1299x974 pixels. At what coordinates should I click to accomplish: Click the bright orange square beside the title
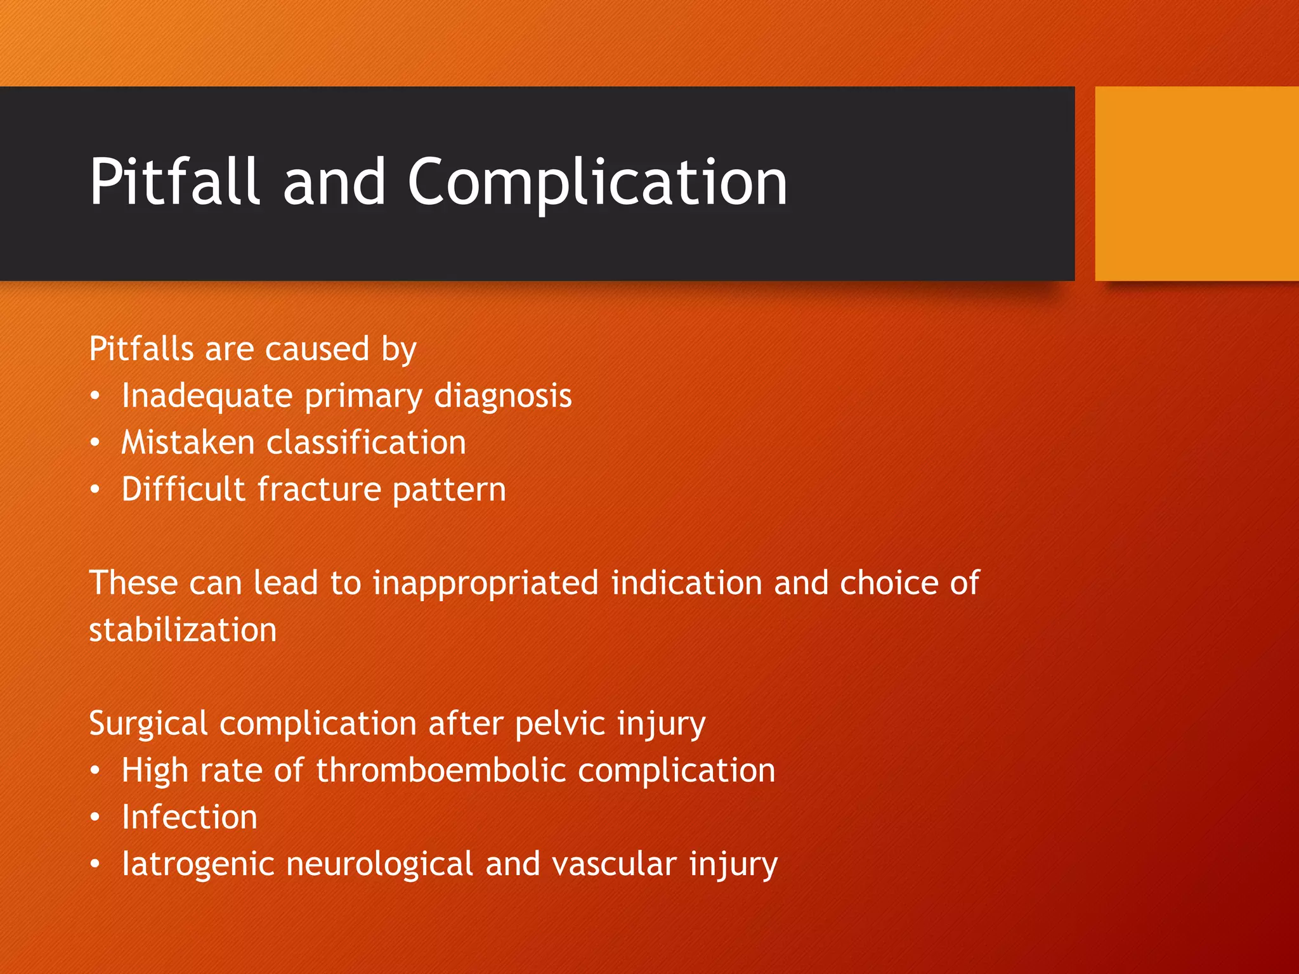tap(1196, 183)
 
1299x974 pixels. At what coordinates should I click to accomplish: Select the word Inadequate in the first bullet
tap(207, 396)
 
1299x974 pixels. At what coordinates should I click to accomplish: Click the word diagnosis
tap(503, 396)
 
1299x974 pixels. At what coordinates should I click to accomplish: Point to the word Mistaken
tap(188, 443)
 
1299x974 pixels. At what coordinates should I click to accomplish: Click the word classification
tap(366, 443)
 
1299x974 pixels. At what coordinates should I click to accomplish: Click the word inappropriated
tap(485, 583)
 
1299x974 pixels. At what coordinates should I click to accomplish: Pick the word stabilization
tap(183, 630)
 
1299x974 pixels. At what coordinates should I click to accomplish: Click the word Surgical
tap(148, 724)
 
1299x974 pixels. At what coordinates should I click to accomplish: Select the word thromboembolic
tap(441, 771)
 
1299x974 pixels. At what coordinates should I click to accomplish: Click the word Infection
tap(190, 817)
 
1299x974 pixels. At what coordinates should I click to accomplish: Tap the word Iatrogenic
tap(197, 865)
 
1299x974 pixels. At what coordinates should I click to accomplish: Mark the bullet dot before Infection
tap(95, 818)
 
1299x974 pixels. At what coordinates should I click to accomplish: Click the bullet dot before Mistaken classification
tap(95, 443)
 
